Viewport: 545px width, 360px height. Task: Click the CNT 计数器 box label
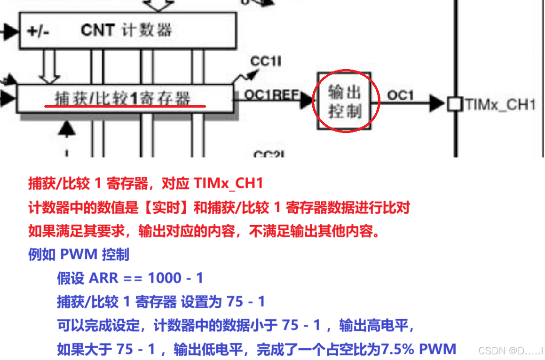[126, 31]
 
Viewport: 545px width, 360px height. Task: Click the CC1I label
[266, 61]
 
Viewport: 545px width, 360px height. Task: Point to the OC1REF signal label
[271, 95]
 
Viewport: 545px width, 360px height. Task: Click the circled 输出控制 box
[345, 101]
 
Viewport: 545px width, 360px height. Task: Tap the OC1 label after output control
[400, 95]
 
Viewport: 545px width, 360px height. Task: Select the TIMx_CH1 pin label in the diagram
[500, 104]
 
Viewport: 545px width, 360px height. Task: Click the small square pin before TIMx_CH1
[454, 104]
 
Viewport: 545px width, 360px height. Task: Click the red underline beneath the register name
[125, 106]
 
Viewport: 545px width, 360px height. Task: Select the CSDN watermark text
[510, 351]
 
